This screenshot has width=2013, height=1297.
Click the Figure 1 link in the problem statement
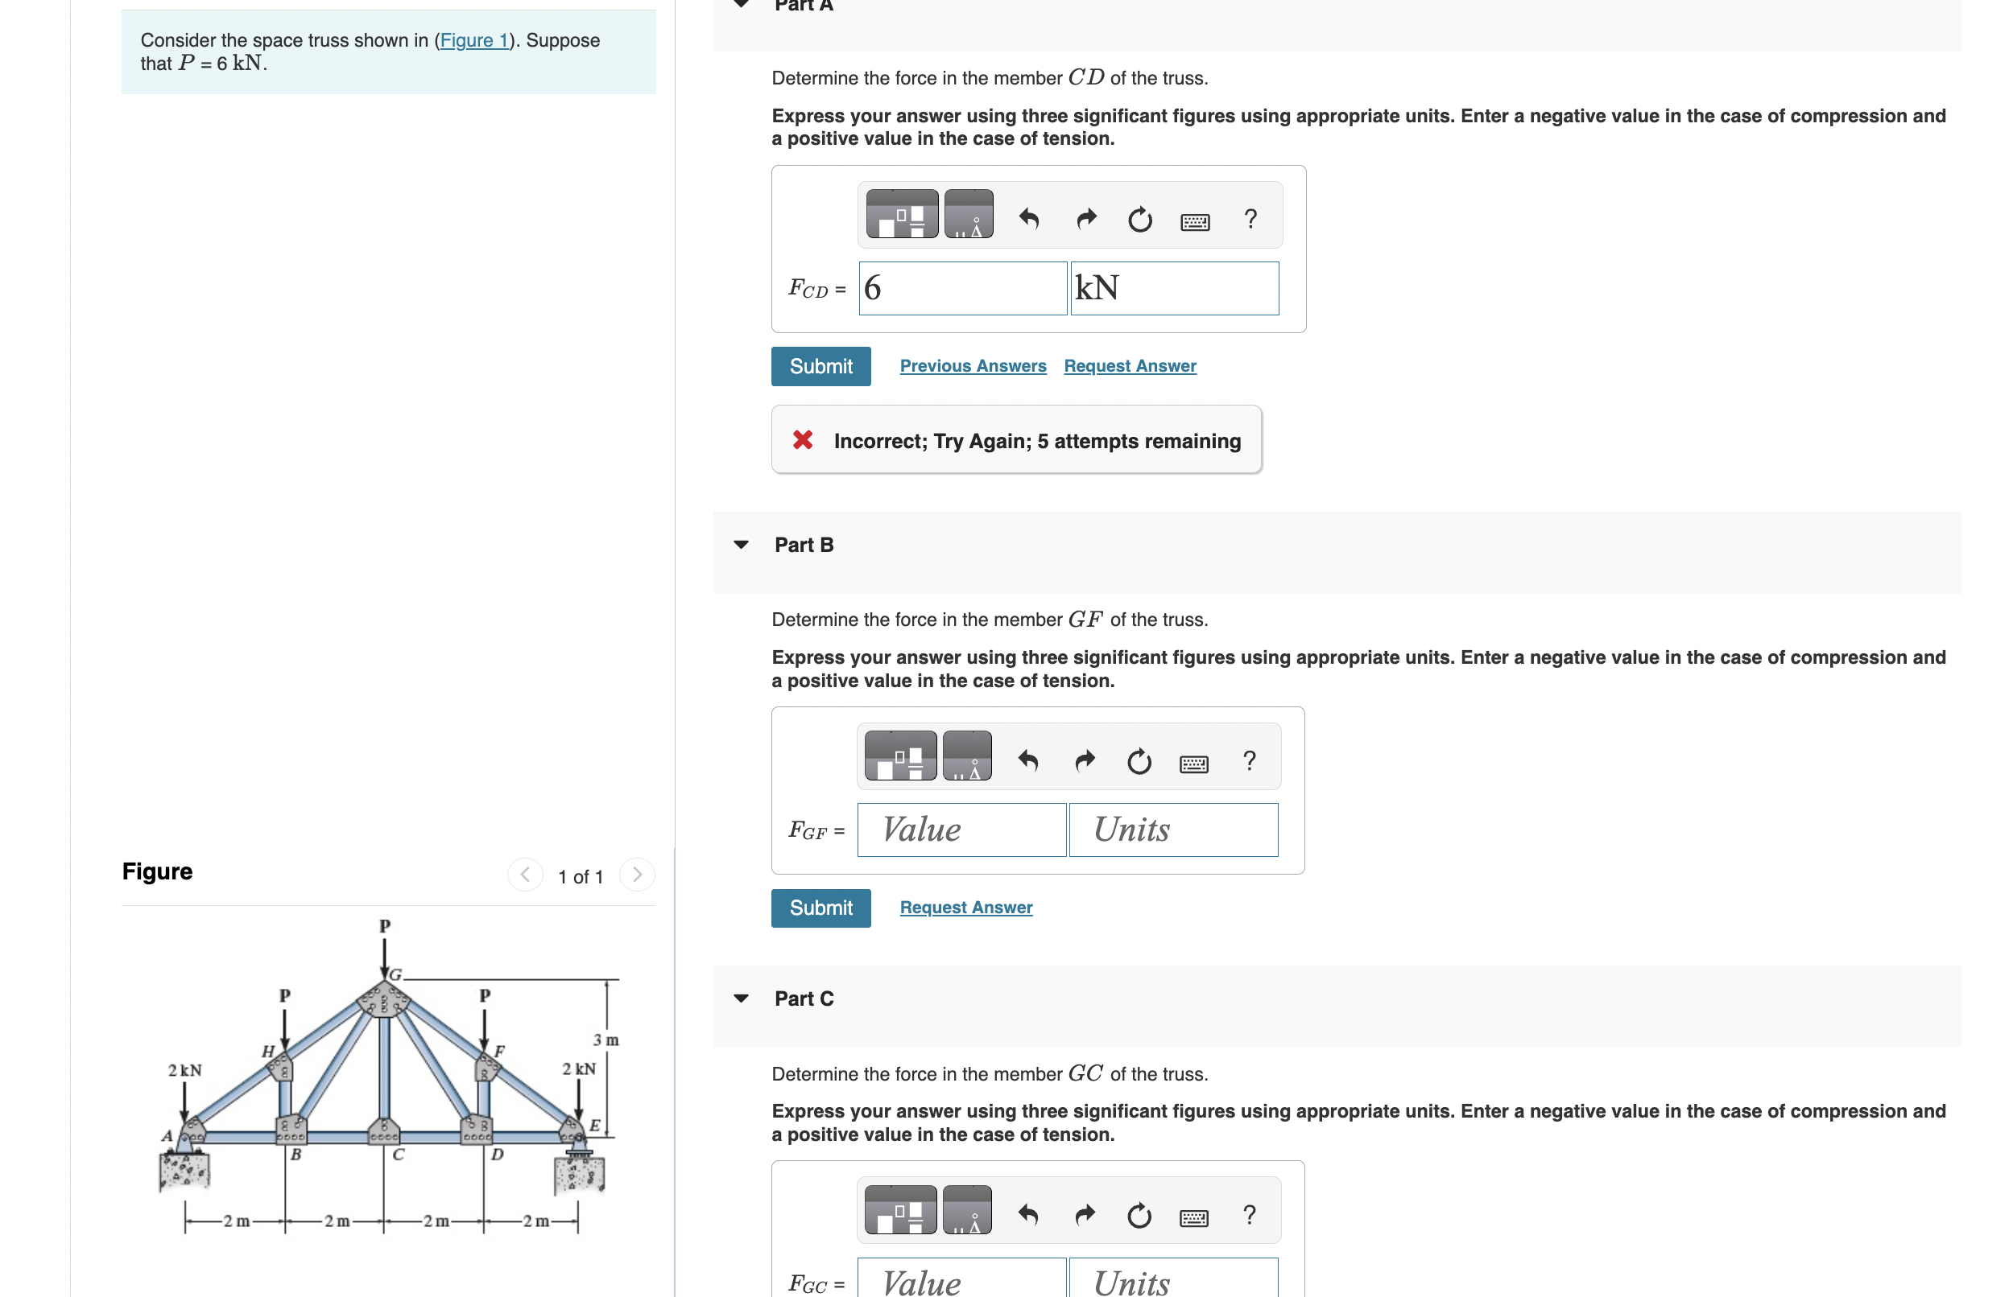[x=474, y=40]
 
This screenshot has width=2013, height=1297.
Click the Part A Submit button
[x=820, y=366]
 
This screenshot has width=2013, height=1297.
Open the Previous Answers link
[x=972, y=366]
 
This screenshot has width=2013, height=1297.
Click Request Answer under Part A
[x=1129, y=366]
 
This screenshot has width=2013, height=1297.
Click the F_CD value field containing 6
[x=961, y=288]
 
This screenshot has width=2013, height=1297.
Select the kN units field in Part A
[x=1173, y=288]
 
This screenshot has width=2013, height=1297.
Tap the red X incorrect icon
[x=802, y=439]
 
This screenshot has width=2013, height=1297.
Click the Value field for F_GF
[x=961, y=830]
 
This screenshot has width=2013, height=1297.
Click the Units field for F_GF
[x=1172, y=830]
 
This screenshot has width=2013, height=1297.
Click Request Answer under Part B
[x=965, y=908]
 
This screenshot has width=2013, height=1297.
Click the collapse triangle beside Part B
[x=741, y=545]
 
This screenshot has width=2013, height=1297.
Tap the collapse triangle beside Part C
[x=741, y=998]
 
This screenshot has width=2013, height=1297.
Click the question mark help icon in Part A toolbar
[x=1250, y=219]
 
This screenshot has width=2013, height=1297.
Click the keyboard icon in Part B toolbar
[x=1193, y=763]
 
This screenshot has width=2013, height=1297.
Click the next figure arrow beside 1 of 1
[x=636, y=875]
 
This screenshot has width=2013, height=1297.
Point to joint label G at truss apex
[x=395, y=974]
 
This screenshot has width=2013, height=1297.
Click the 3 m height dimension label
[x=605, y=1040]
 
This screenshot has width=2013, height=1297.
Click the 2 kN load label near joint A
[x=184, y=1070]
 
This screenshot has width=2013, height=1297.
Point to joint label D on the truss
[x=497, y=1155]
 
